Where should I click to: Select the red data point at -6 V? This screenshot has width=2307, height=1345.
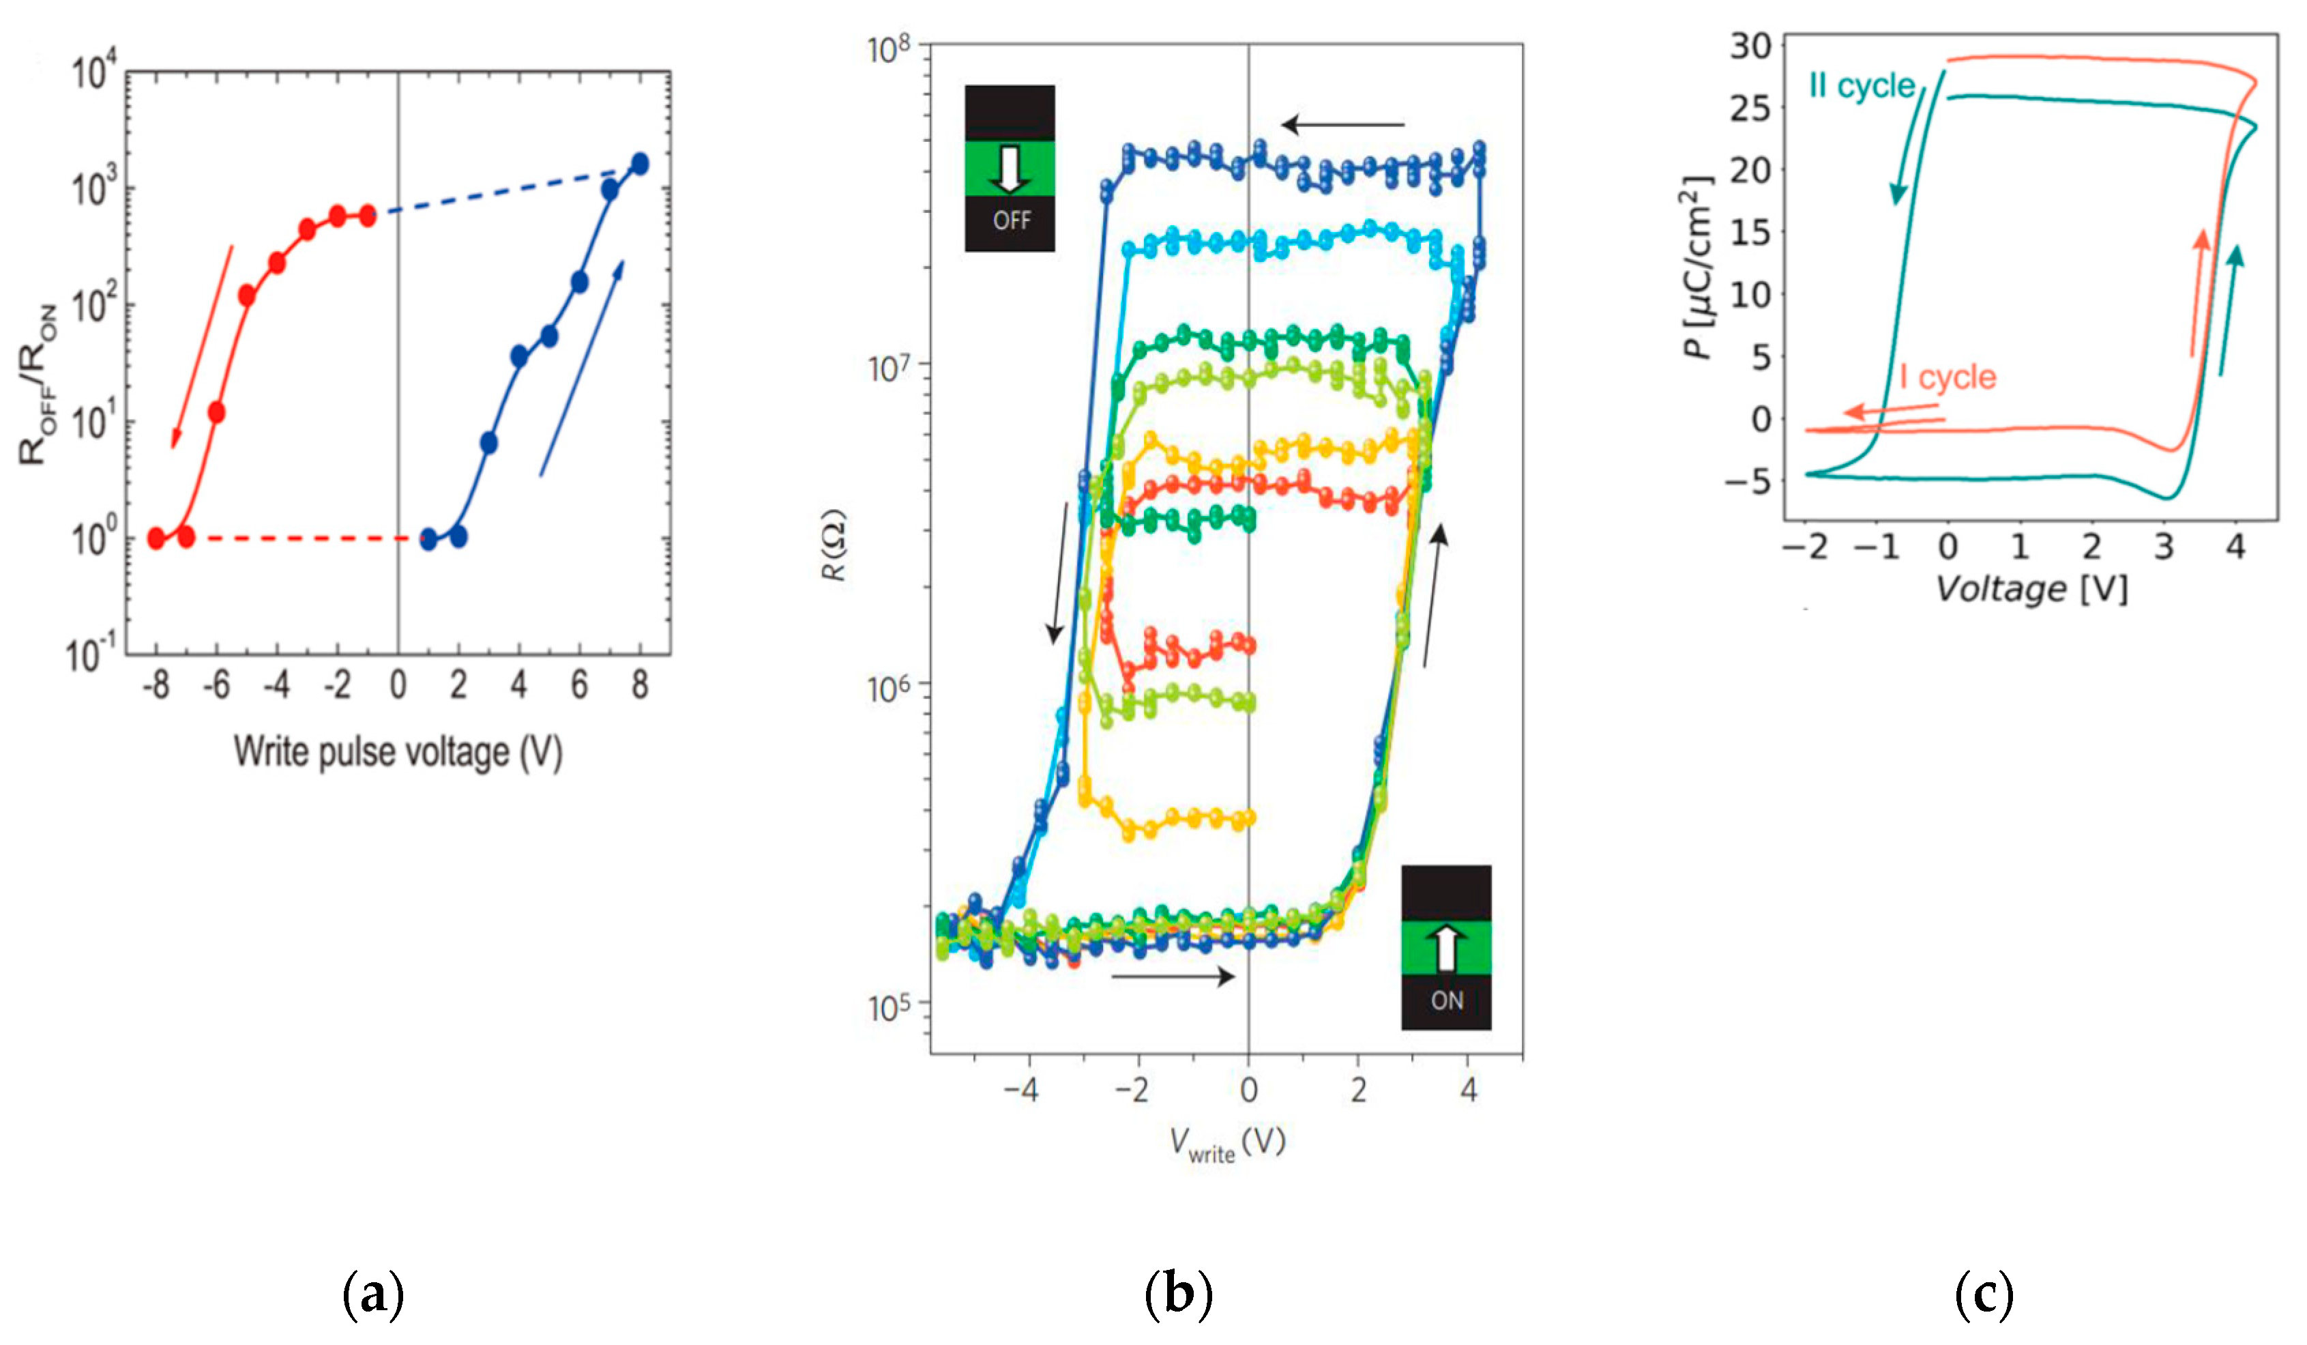(217, 412)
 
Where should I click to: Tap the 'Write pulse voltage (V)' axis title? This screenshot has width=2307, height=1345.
(397, 753)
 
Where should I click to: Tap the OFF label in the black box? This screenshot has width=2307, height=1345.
(1012, 220)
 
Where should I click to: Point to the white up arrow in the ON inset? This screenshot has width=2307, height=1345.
(1445, 949)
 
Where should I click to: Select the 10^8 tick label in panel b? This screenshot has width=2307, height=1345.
(889, 48)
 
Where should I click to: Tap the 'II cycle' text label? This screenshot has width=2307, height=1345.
(1861, 86)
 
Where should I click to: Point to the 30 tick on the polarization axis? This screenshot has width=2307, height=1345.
(1750, 46)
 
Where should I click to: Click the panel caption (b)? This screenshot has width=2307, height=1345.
(1178, 1295)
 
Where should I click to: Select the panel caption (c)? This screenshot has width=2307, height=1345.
(1984, 1295)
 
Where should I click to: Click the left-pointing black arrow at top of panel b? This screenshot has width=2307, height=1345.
(1342, 124)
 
